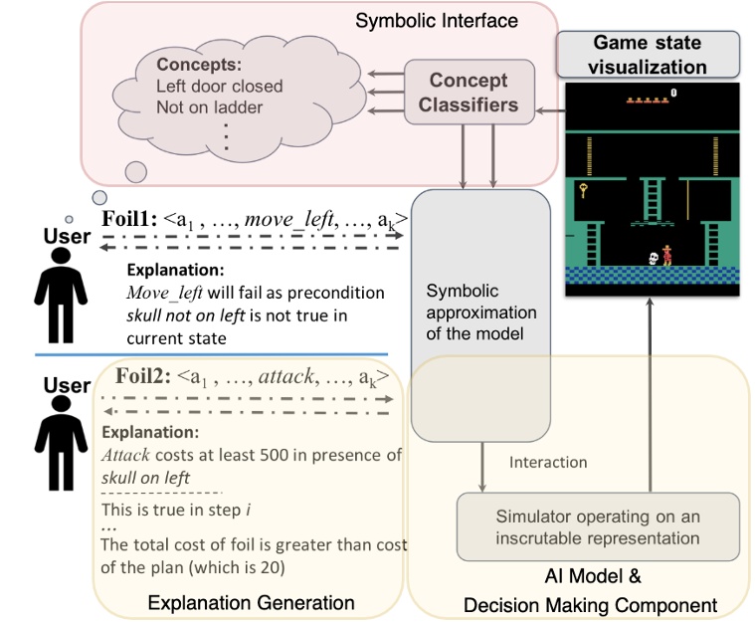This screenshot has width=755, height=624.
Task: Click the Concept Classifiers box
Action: (x=469, y=92)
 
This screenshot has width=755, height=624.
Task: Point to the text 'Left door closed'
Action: (x=219, y=87)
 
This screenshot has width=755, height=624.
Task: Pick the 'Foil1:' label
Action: (x=131, y=220)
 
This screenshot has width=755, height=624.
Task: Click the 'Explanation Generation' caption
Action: (x=252, y=603)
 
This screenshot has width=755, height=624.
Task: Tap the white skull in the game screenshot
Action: (x=652, y=258)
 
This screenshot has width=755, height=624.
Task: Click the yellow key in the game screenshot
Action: (x=585, y=189)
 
